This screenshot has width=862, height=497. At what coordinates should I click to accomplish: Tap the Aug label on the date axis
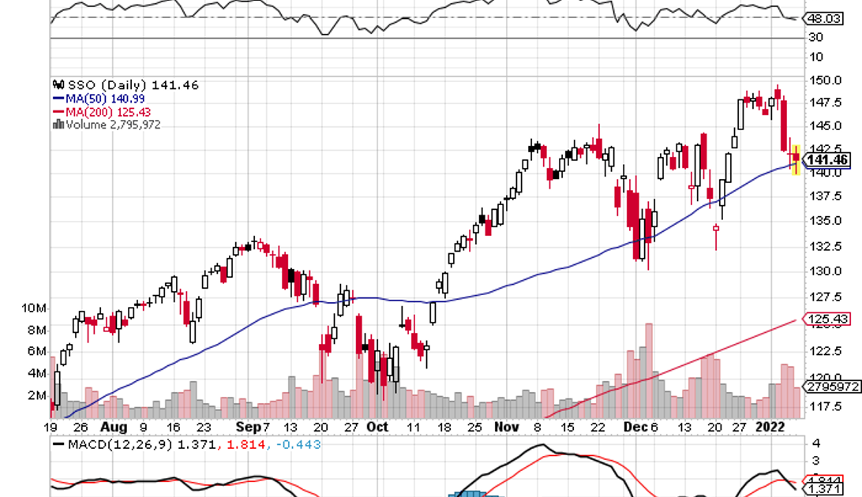coord(114,427)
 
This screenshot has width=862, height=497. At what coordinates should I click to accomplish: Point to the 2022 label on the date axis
coord(770,427)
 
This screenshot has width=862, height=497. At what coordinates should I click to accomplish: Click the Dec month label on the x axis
coord(633,427)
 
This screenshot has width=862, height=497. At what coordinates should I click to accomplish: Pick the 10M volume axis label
coord(36,308)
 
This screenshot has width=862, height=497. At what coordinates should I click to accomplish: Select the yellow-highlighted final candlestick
coord(796,159)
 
